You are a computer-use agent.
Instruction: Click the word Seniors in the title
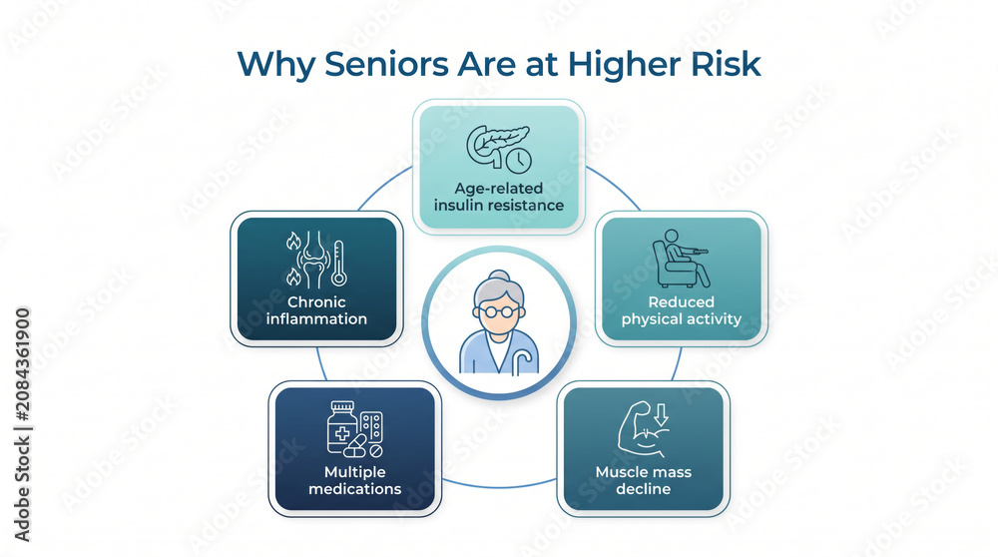387,64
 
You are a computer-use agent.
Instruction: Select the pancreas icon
494,145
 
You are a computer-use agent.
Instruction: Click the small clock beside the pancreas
519,161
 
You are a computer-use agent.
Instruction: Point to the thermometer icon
338,263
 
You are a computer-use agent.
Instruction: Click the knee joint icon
312,260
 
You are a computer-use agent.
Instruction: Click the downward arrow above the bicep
662,415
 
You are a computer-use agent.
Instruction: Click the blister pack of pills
371,426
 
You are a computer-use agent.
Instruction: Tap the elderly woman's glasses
499,311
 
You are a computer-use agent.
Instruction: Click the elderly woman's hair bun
500,277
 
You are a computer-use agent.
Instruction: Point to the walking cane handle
522,355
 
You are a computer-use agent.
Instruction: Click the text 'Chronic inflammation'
316,310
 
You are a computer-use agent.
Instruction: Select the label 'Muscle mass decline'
644,480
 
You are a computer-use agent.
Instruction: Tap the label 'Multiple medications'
354,480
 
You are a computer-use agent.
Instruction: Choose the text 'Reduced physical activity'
681,310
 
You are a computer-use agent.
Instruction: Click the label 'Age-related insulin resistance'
499,197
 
